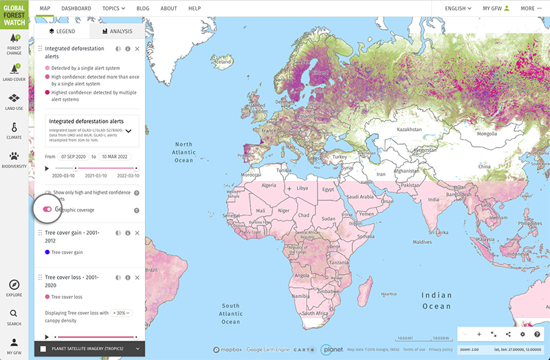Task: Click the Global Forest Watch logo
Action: [14, 13]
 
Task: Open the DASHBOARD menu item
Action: [76, 8]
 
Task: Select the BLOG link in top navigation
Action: [142, 8]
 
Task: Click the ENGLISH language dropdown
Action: [458, 8]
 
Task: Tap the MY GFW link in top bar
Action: [496, 8]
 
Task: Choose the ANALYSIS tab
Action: [117, 31]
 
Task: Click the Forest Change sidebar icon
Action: [14, 43]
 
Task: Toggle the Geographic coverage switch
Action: [47, 210]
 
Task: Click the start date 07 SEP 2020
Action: [73, 156]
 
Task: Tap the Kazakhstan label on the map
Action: [408, 128]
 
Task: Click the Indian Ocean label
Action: [437, 300]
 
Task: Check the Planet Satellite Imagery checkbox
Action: [43, 349]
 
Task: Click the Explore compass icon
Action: [14, 285]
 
